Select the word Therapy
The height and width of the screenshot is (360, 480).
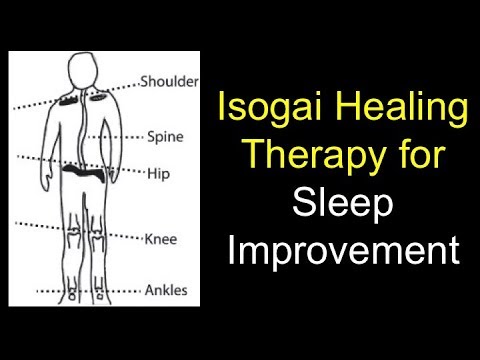click(x=320, y=155)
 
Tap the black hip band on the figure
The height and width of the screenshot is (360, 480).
click(x=87, y=172)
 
